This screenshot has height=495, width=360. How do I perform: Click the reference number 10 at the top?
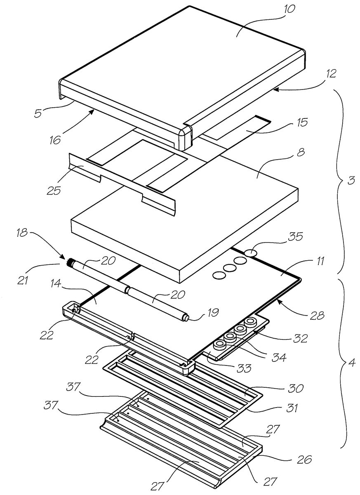(x=288, y=9)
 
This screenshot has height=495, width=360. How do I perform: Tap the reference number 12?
(x=331, y=73)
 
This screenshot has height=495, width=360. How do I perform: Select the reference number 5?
(x=38, y=113)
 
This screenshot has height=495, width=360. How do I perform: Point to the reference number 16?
(x=55, y=140)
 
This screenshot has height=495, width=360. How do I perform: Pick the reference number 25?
(x=54, y=190)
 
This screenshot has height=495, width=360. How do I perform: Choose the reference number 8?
(x=301, y=152)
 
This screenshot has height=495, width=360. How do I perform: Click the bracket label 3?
(x=351, y=180)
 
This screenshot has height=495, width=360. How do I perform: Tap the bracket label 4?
(x=352, y=363)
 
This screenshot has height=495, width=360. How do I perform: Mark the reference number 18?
(x=23, y=233)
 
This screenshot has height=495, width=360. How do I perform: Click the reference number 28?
(x=318, y=316)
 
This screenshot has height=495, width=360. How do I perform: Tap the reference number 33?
(x=244, y=368)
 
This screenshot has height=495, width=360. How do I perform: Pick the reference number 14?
(x=55, y=283)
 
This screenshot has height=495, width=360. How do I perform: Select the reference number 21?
(x=23, y=280)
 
